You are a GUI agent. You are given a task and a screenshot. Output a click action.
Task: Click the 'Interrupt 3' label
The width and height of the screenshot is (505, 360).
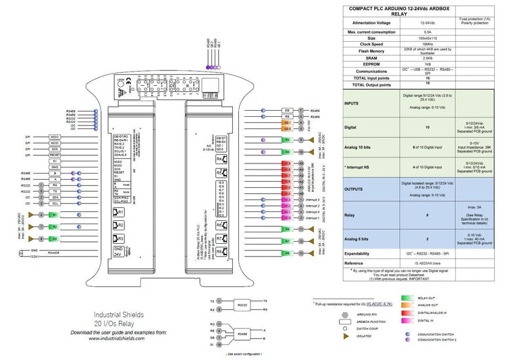click(x=313, y=201)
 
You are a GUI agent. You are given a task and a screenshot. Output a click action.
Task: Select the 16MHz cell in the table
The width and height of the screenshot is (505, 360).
click(x=426, y=44)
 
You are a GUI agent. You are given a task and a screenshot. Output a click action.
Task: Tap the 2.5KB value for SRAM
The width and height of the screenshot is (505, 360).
click(x=426, y=58)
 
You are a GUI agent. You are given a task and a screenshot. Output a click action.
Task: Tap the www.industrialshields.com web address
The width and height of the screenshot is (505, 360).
click(x=117, y=338)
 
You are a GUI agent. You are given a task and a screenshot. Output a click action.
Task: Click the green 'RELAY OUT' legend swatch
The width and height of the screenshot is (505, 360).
click(x=407, y=298)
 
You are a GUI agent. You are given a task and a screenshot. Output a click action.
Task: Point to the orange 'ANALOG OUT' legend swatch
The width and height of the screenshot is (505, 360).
click(x=407, y=305)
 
